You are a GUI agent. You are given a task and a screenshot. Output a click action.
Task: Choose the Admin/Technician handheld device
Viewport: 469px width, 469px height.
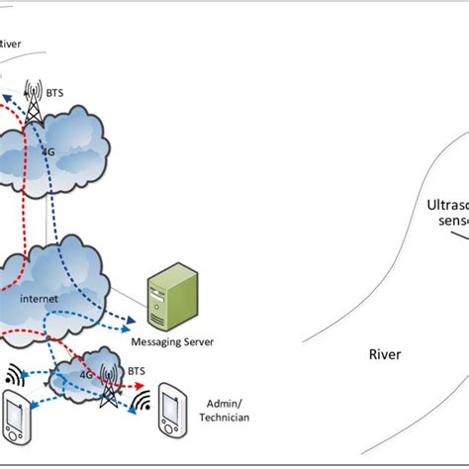(x=173, y=416)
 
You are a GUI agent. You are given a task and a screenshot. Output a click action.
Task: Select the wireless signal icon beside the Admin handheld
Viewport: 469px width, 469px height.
(x=142, y=404)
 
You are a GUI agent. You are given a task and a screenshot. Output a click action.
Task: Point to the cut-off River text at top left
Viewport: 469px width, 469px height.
(x=12, y=44)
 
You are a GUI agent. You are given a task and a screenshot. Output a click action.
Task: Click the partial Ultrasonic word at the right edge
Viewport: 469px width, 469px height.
(x=446, y=206)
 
